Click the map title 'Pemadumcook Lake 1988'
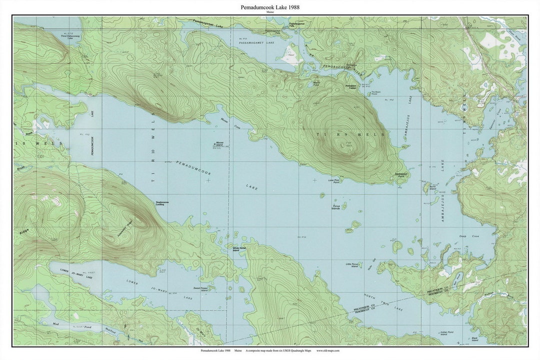[270, 7]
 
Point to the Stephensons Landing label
[162, 203]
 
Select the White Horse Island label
[239, 248]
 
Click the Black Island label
[474, 339]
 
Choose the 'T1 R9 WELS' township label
[350, 134]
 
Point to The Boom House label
[377, 93]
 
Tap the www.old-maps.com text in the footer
[328, 350]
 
